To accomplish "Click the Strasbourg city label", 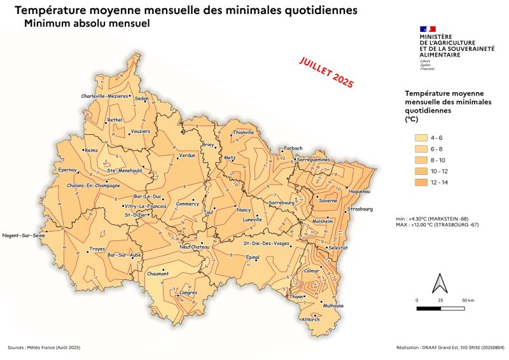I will point(359,209).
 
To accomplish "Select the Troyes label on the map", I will point(97,249).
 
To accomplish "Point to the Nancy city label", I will point(243,210).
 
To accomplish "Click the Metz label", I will point(230,158).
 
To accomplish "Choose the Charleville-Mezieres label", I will point(104,96).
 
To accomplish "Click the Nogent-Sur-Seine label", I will point(24,235).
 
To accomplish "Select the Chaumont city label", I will point(157,273).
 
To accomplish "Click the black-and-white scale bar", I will point(442,308).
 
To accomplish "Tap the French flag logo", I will point(428,29).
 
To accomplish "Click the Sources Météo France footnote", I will point(44,348).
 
